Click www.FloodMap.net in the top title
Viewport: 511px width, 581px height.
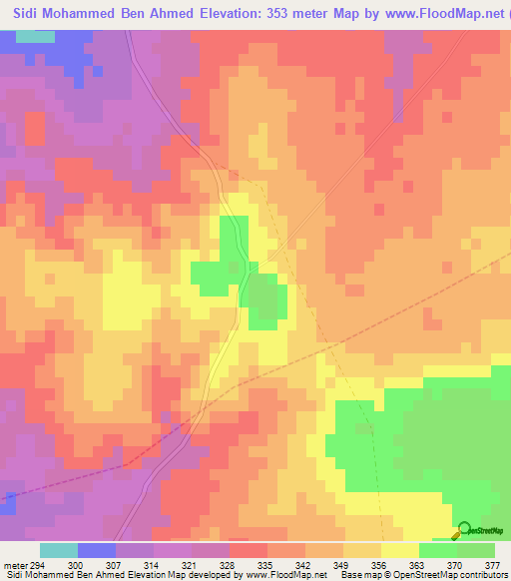[x=444, y=13]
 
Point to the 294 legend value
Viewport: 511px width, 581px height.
[x=38, y=564]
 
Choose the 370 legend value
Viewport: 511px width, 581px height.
[x=455, y=564]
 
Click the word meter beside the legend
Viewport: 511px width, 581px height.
[x=14, y=564]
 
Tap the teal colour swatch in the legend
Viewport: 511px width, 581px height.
[x=59, y=550]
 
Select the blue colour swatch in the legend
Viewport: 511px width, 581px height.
[x=97, y=550]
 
